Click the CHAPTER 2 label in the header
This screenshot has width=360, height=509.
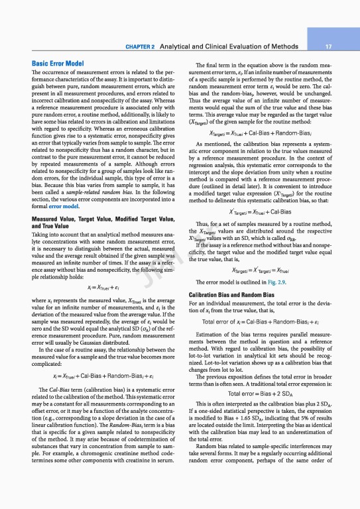tap(139, 48)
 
